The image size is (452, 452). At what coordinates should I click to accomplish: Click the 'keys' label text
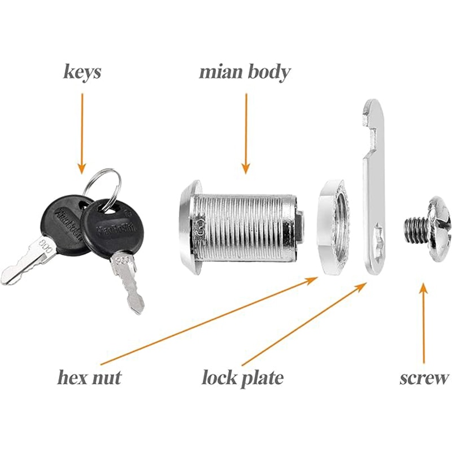click(82, 73)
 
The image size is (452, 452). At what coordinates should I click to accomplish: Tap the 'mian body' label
click(245, 72)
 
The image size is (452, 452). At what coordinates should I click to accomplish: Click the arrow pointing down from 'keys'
click(82, 133)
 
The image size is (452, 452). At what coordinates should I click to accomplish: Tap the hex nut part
click(333, 226)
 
